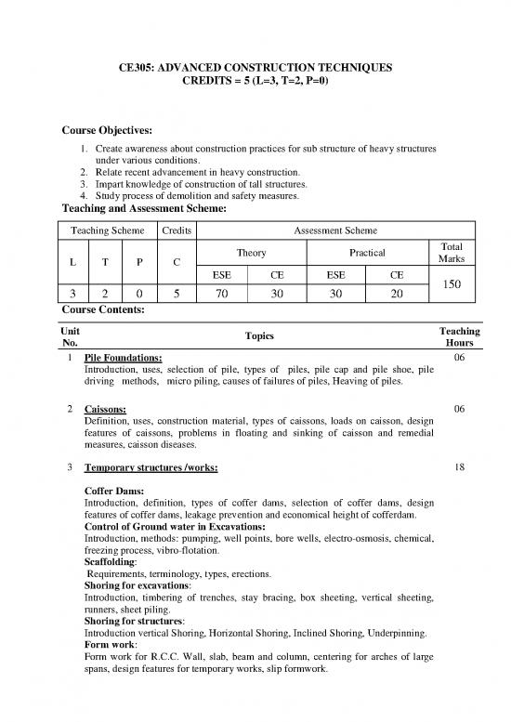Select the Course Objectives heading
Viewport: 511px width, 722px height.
(x=107, y=129)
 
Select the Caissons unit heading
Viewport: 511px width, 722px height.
(x=106, y=409)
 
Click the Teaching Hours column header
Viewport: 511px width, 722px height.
(x=461, y=336)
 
